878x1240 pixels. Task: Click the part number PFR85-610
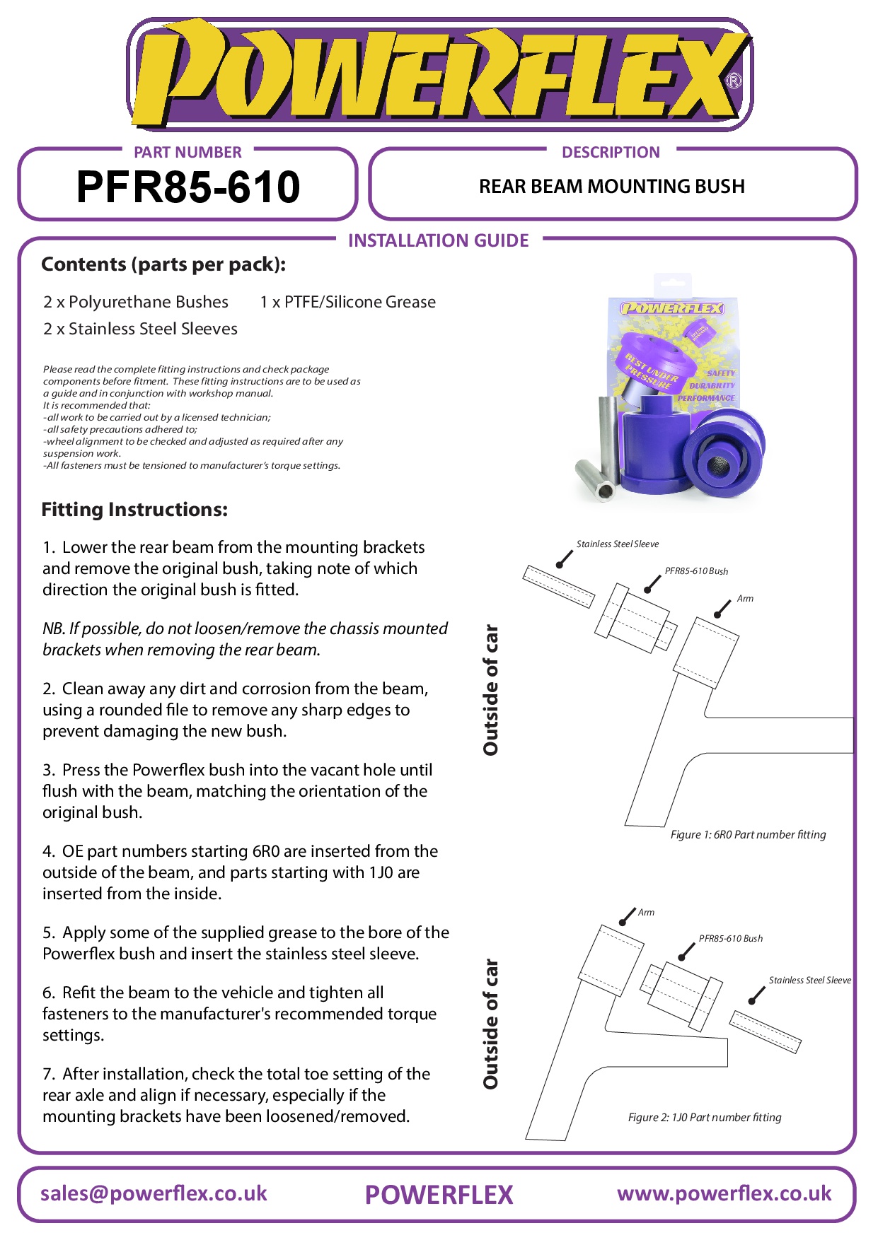click(x=188, y=187)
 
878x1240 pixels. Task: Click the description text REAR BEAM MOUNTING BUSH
click(x=611, y=187)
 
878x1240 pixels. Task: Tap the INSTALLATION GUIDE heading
click(x=438, y=241)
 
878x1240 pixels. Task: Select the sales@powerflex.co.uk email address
click(x=154, y=1194)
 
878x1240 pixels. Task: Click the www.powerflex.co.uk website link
click(x=724, y=1194)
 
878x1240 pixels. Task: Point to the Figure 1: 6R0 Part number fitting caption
click(x=748, y=835)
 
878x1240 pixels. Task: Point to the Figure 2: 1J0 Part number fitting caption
click(x=705, y=1118)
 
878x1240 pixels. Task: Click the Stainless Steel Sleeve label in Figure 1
click(x=617, y=544)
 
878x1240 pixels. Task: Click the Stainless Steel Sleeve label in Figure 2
click(x=809, y=981)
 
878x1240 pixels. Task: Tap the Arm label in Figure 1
click(x=745, y=599)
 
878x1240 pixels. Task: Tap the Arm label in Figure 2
click(x=646, y=913)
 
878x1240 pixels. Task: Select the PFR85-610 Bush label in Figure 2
click(x=730, y=939)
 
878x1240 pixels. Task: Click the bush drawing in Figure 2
click(x=681, y=995)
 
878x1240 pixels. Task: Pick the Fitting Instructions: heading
click(x=134, y=510)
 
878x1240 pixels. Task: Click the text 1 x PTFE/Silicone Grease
click(x=347, y=303)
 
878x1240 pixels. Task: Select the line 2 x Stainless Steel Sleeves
click(x=140, y=329)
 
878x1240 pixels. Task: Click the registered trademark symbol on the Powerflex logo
click(x=734, y=81)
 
